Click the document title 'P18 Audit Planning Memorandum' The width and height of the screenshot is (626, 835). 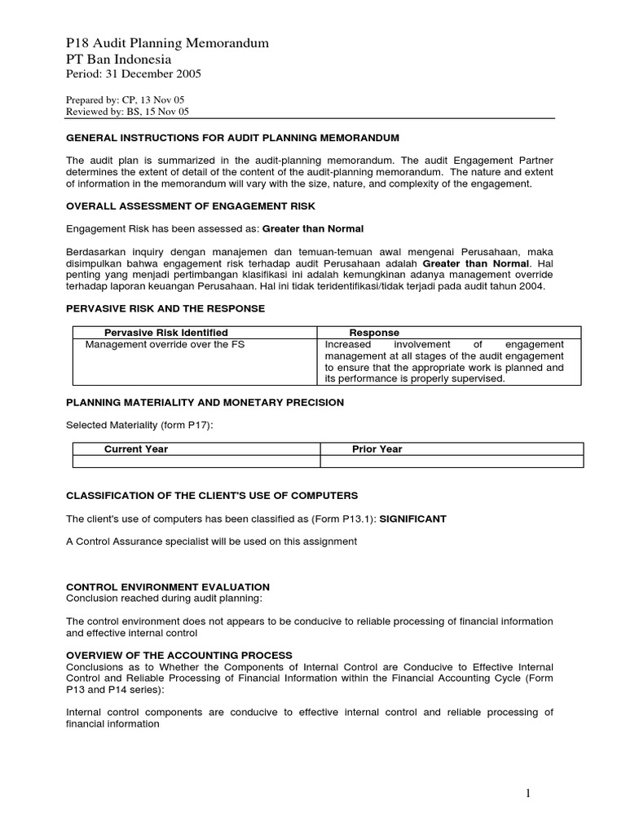click(x=166, y=43)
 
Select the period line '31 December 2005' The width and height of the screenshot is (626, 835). click(x=133, y=74)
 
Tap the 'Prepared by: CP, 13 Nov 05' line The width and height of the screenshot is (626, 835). click(x=126, y=99)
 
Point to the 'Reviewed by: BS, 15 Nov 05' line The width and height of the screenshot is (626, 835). click(x=127, y=112)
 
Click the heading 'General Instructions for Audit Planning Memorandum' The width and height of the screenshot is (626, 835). click(x=232, y=138)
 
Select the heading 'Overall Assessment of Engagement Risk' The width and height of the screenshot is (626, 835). click(x=190, y=206)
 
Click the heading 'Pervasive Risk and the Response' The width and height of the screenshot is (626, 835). click(x=165, y=308)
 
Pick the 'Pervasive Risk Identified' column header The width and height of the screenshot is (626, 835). click(x=166, y=333)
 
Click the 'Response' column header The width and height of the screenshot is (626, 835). click(x=374, y=333)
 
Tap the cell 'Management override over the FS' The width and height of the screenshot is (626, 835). click(x=165, y=344)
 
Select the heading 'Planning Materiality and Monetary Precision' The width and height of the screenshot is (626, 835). click(x=205, y=402)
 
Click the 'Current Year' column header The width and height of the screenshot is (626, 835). click(x=136, y=449)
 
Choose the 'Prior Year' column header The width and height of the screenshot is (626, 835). click(x=377, y=449)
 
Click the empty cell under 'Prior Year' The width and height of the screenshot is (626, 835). click(x=452, y=462)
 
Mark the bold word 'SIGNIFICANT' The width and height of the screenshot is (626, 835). click(x=413, y=519)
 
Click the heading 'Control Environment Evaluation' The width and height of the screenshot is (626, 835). click(x=167, y=587)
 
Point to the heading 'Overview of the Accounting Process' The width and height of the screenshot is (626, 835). click(x=179, y=655)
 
